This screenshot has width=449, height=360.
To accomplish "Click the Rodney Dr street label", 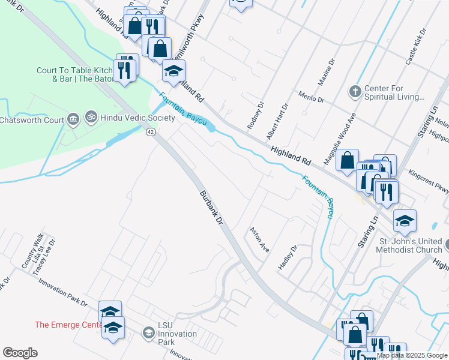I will point(255,115).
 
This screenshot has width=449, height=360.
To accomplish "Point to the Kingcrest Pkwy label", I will point(428,182).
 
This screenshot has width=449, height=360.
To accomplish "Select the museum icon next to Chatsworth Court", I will point(73,119).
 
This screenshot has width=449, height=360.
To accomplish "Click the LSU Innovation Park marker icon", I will point(148,332).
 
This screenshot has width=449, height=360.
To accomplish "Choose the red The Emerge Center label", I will point(68,325).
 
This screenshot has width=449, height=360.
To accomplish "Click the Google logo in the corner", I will point(20,353).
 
